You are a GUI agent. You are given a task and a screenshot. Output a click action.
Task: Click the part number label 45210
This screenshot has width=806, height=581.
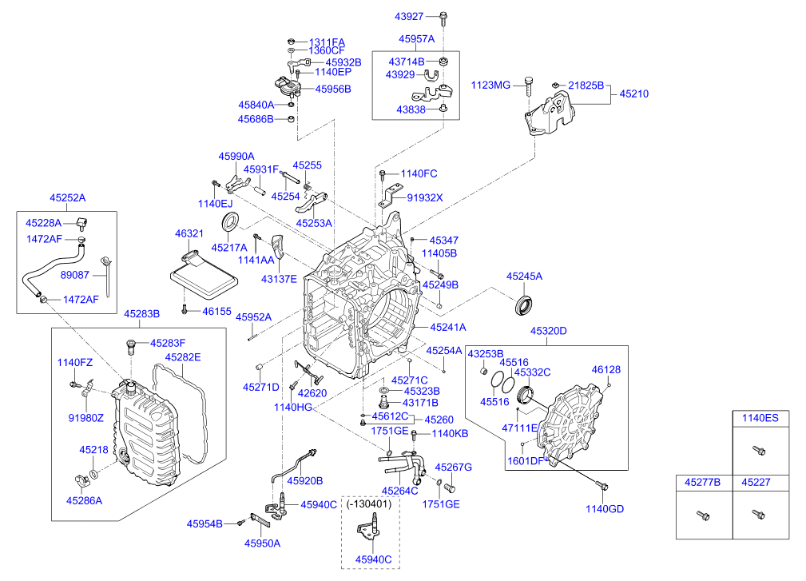631,94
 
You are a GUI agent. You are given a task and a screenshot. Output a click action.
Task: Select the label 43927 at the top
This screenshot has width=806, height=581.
413,15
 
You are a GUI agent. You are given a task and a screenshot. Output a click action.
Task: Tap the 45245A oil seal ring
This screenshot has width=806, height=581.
524,304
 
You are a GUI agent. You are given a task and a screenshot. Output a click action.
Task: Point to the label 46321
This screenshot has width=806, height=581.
189,233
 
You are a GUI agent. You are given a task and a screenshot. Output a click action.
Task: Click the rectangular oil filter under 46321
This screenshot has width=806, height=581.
204,280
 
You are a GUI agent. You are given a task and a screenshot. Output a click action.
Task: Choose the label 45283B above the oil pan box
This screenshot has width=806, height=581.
141,313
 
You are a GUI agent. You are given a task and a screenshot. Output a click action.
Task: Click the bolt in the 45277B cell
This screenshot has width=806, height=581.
702,516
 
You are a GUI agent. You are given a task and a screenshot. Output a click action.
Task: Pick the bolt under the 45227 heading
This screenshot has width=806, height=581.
755,515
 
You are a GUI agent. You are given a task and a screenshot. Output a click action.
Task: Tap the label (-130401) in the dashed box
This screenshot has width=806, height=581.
368,504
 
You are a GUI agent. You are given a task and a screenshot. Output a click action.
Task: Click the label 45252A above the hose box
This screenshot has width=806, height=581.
67,197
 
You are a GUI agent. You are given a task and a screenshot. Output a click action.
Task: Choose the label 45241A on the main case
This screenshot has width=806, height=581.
448,327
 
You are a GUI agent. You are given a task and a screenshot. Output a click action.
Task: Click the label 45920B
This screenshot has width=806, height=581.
305,481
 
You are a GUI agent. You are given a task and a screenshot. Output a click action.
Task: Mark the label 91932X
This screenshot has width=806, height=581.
423,197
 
